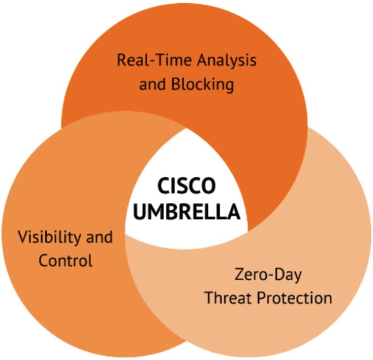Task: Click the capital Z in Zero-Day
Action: (x=238, y=274)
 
